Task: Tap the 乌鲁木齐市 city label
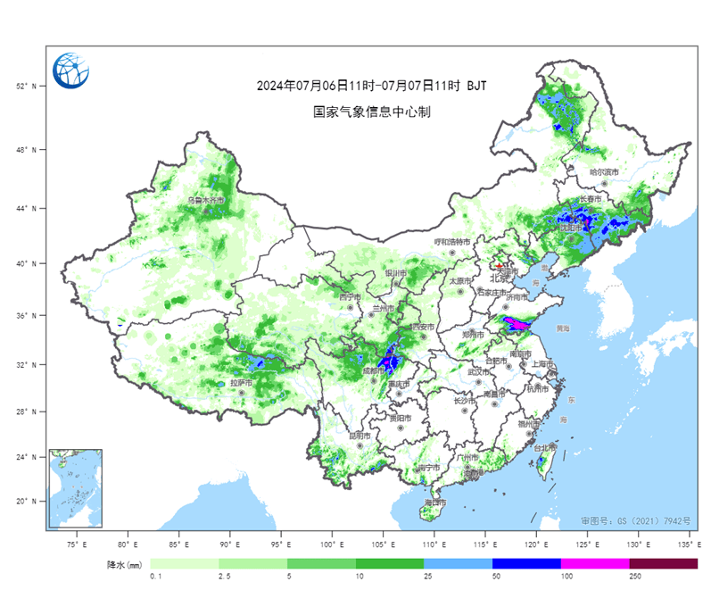point(205,201)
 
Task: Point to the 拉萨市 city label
point(241,383)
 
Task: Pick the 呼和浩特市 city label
point(451,242)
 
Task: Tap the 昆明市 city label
point(359,435)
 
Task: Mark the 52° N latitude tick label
point(26,87)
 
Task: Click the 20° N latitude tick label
point(26,501)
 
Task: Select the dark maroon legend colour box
point(663,564)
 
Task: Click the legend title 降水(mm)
point(125,565)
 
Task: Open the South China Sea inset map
point(76,488)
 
